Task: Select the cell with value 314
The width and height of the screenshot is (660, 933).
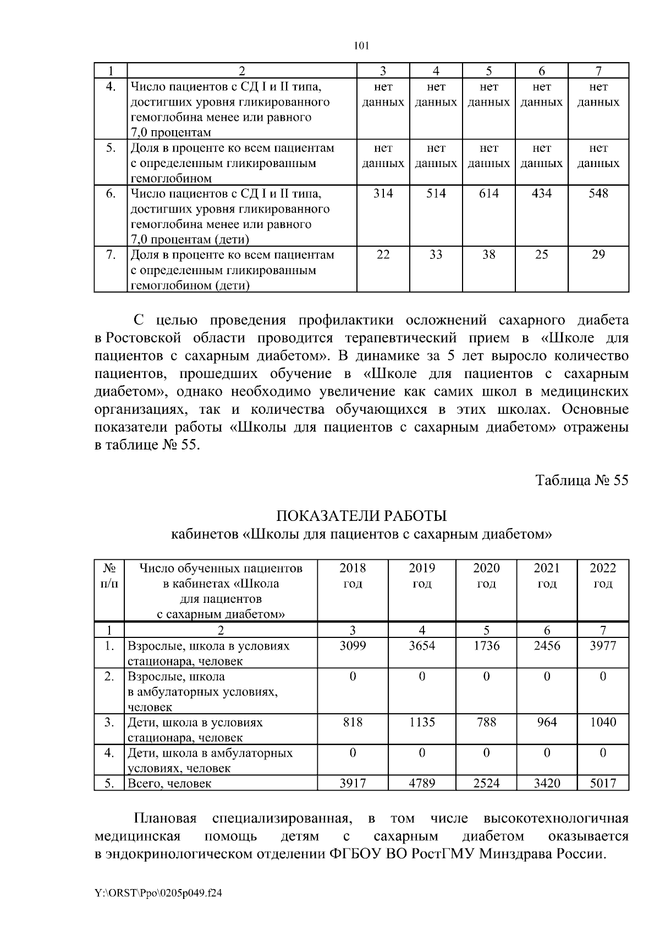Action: [383, 193]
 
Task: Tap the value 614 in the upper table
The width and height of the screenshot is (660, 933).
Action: [488, 193]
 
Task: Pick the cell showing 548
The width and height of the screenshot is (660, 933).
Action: [598, 193]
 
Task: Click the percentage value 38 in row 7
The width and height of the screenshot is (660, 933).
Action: [488, 255]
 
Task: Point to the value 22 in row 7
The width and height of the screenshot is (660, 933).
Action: [383, 255]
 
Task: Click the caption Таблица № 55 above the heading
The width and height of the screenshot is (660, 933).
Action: [582, 480]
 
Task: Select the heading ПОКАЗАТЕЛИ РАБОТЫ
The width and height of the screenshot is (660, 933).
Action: [361, 517]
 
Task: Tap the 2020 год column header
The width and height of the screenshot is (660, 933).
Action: [486, 575]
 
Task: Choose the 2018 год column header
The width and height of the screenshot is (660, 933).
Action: [353, 575]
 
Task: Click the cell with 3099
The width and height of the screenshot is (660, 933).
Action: [353, 646]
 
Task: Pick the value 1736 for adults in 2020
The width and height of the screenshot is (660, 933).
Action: [486, 646]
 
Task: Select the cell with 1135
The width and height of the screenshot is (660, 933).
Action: [422, 722]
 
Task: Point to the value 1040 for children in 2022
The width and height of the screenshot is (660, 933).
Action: [603, 722]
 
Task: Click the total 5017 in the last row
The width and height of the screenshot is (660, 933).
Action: [603, 783]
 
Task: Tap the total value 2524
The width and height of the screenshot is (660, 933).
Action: [486, 783]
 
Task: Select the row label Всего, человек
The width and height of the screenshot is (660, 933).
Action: [169, 784]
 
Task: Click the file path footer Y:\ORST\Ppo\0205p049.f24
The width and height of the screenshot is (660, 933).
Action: [158, 893]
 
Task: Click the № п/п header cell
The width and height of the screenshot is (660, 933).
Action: [109, 575]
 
